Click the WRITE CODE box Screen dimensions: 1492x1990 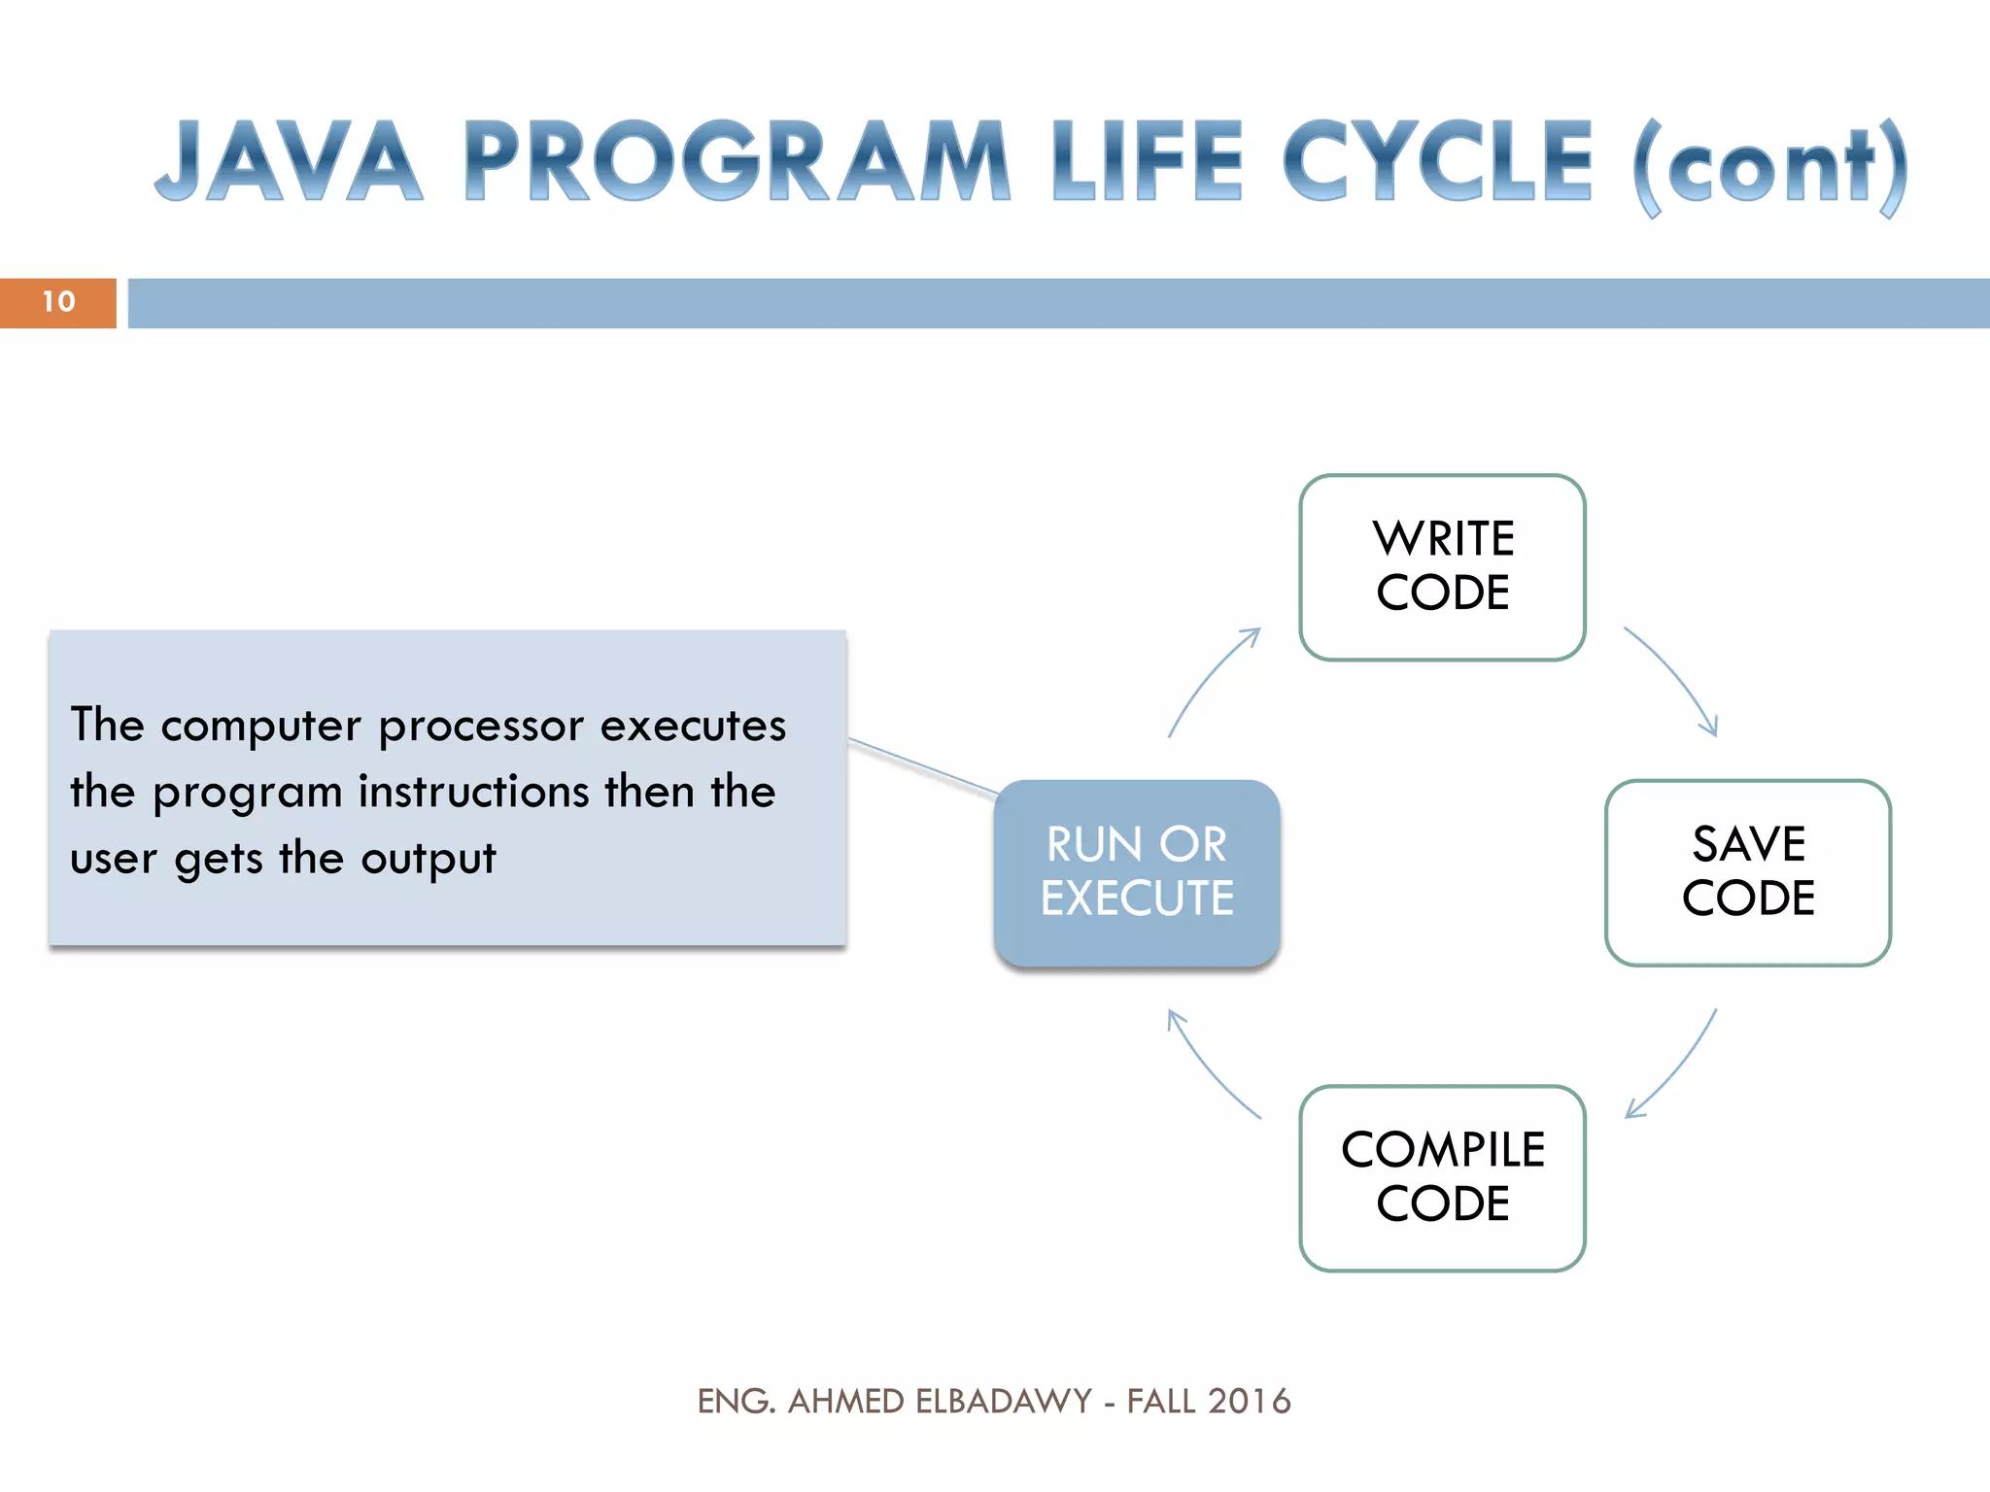pyautogui.click(x=1442, y=567)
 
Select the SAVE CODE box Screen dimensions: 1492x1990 pyautogui.click(x=1747, y=872)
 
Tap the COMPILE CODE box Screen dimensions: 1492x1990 pyautogui.click(x=1442, y=1177)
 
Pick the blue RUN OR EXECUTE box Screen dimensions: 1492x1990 pyautogui.click(x=1136, y=872)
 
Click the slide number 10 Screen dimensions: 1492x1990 pyautogui.click(x=58, y=302)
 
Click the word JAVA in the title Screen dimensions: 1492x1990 pyautogui.click(x=290, y=161)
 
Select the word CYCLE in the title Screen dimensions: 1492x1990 pyautogui.click(x=1438, y=161)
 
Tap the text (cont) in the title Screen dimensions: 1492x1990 pyautogui.click(x=1770, y=167)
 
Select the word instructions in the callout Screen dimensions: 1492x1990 pyautogui.click(x=474, y=792)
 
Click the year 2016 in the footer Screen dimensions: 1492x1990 pyautogui.click(x=1249, y=1401)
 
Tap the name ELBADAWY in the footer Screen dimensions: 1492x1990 pyautogui.click(x=1004, y=1401)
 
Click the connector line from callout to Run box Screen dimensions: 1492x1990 pyautogui.click(x=923, y=766)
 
